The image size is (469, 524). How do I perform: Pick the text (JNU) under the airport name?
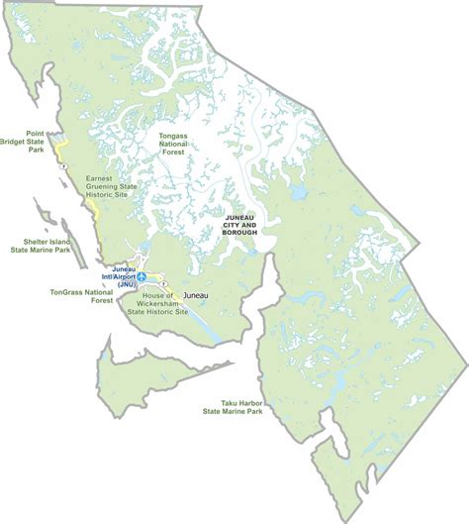coord(126,284)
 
